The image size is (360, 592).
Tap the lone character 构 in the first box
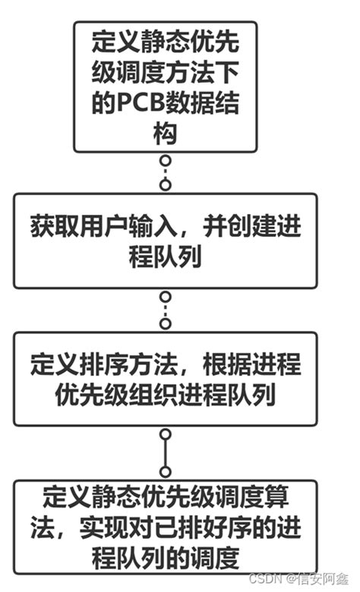tap(165, 135)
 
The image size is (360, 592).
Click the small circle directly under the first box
tap(166, 160)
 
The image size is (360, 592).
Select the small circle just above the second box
tap(166, 185)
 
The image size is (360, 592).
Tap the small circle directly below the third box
tap(166, 434)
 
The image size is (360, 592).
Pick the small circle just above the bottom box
tap(166, 471)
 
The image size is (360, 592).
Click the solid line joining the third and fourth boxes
tap(166, 452)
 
